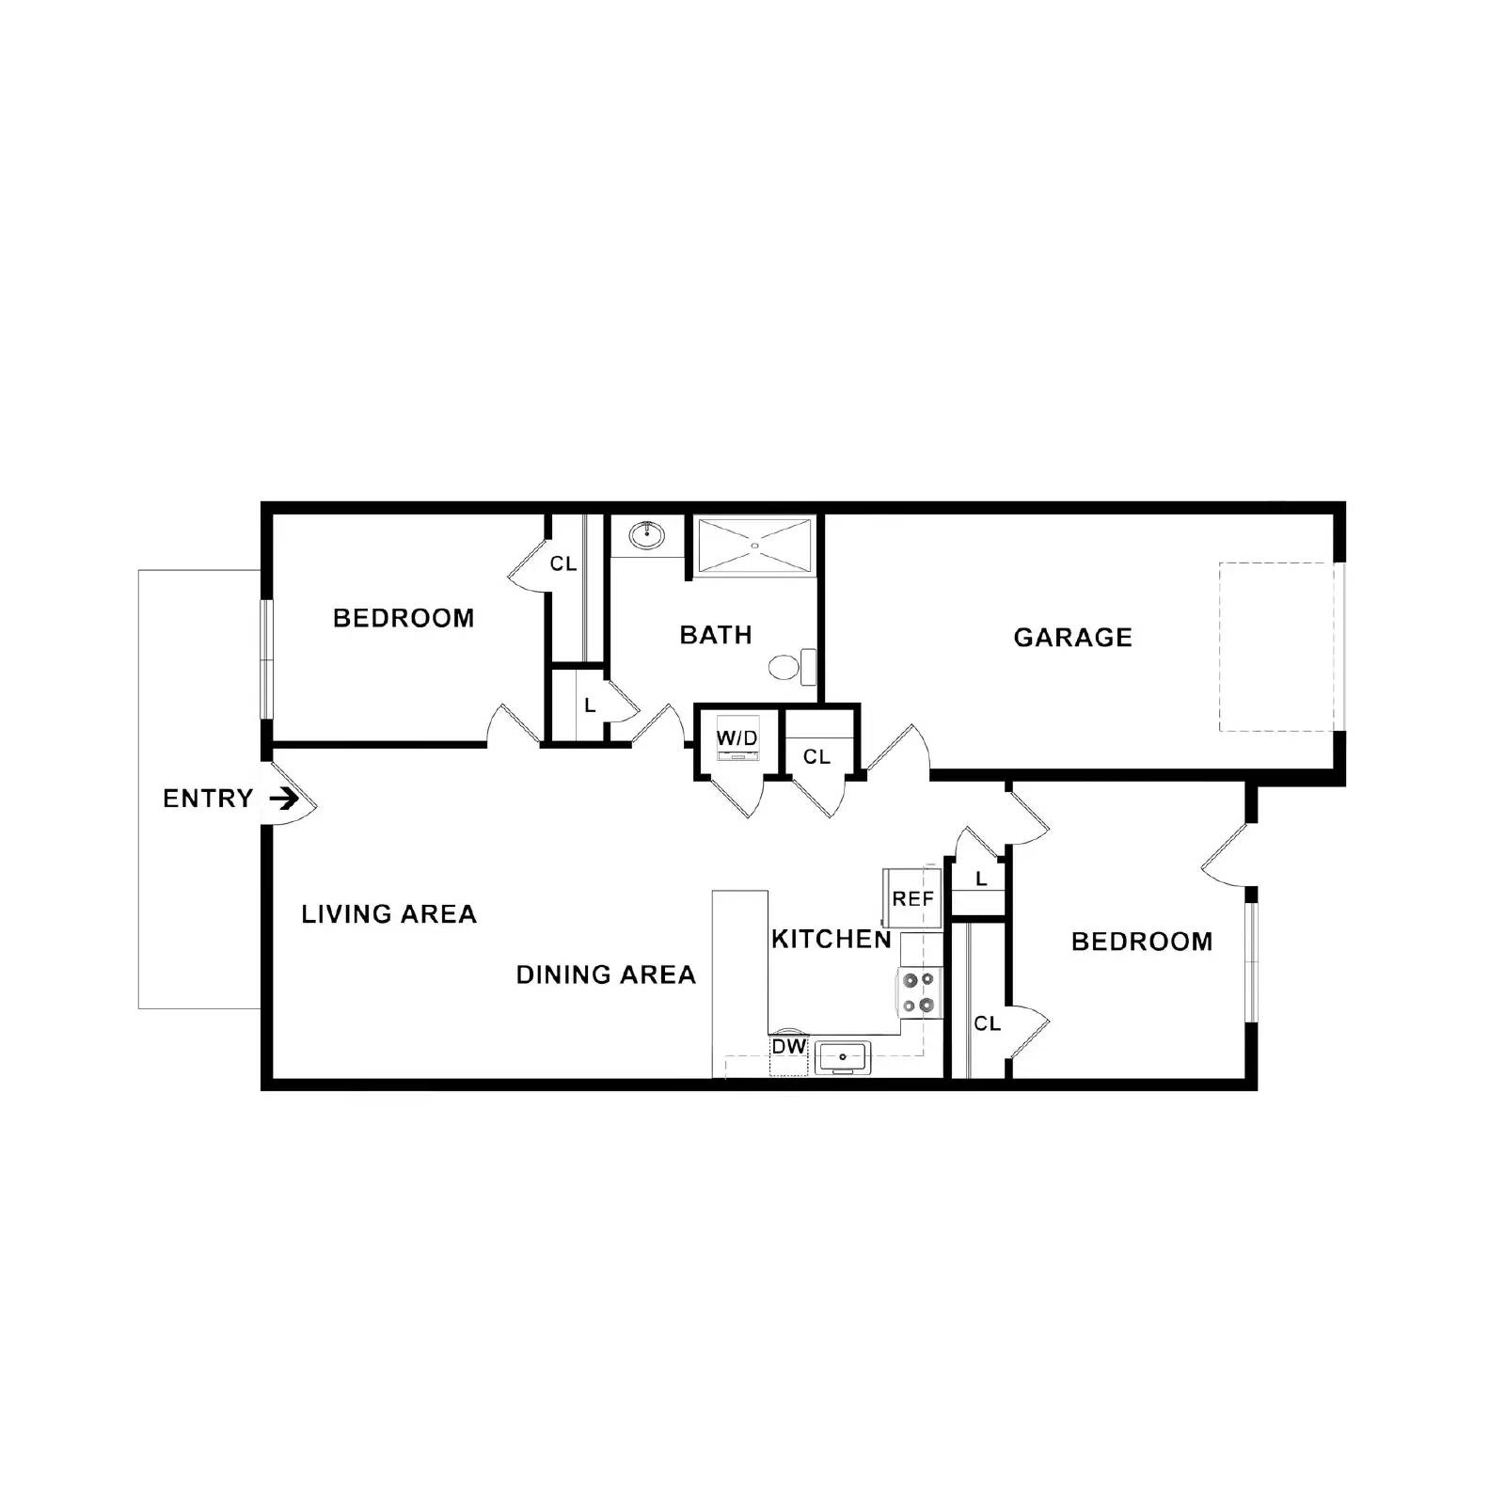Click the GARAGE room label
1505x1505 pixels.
pyautogui.click(x=1072, y=638)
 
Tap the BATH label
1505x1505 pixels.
pyautogui.click(x=716, y=635)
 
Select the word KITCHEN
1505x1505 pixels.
pyautogui.click(x=831, y=939)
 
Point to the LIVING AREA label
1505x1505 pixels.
pyautogui.click(x=388, y=913)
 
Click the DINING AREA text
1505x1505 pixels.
pyautogui.click(x=606, y=974)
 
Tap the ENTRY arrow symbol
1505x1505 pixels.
pyautogui.click(x=284, y=799)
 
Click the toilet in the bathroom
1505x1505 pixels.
pyautogui.click(x=790, y=668)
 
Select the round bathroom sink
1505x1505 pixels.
pyautogui.click(x=646, y=536)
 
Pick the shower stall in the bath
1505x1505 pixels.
pyautogui.click(x=755, y=545)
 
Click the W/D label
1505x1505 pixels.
pyautogui.click(x=737, y=738)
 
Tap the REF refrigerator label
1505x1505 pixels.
pyautogui.click(x=912, y=899)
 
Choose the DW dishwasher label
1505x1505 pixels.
pyautogui.click(x=789, y=1046)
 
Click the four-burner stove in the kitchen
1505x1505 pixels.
pyautogui.click(x=919, y=992)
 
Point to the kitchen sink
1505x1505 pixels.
pyautogui.click(x=842, y=1057)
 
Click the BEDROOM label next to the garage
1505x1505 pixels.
pyautogui.click(x=1142, y=942)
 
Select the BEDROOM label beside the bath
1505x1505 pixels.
pyautogui.click(x=404, y=618)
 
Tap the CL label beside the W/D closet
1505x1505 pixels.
pyautogui.click(x=816, y=756)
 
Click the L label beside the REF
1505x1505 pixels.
pyautogui.click(x=981, y=879)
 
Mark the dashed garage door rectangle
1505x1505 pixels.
pyautogui.click(x=1276, y=647)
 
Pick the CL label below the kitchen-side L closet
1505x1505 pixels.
pyautogui.click(x=987, y=1023)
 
